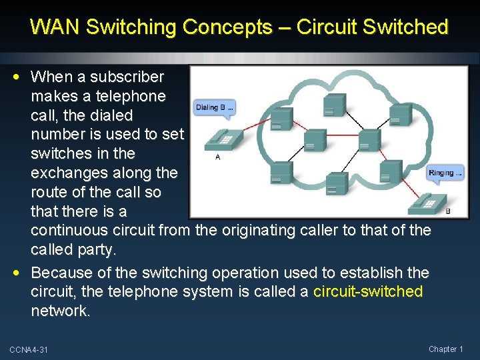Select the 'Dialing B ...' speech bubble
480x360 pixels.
pyautogui.click(x=214, y=107)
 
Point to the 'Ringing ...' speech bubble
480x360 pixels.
pyautogui.click(x=445, y=173)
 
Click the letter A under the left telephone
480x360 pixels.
pyautogui.click(x=218, y=157)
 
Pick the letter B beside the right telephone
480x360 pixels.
pyautogui.click(x=447, y=211)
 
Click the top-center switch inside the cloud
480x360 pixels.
pyautogui.click(x=334, y=104)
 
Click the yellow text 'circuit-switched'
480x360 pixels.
pyautogui.click(x=368, y=291)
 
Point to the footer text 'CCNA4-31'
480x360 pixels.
pyautogui.click(x=29, y=350)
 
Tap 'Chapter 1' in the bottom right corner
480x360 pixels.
pyautogui.click(x=446, y=349)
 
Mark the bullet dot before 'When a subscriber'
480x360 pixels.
pyautogui.click(x=22, y=77)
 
